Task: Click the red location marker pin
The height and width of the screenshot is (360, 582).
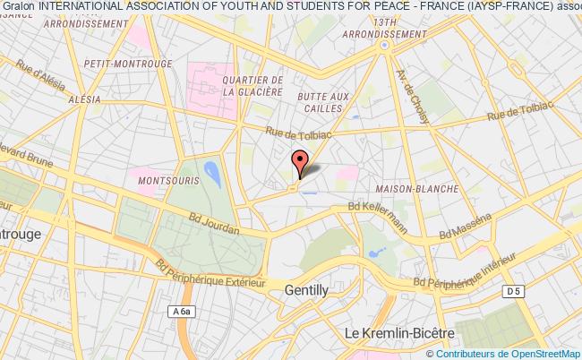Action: (x=299, y=162)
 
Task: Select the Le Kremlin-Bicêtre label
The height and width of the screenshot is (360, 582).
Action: (x=399, y=332)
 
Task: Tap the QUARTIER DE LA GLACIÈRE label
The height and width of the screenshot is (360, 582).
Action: (x=252, y=85)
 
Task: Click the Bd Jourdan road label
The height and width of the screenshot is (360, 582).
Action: (x=215, y=223)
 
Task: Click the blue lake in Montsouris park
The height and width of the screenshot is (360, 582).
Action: (x=213, y=172)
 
